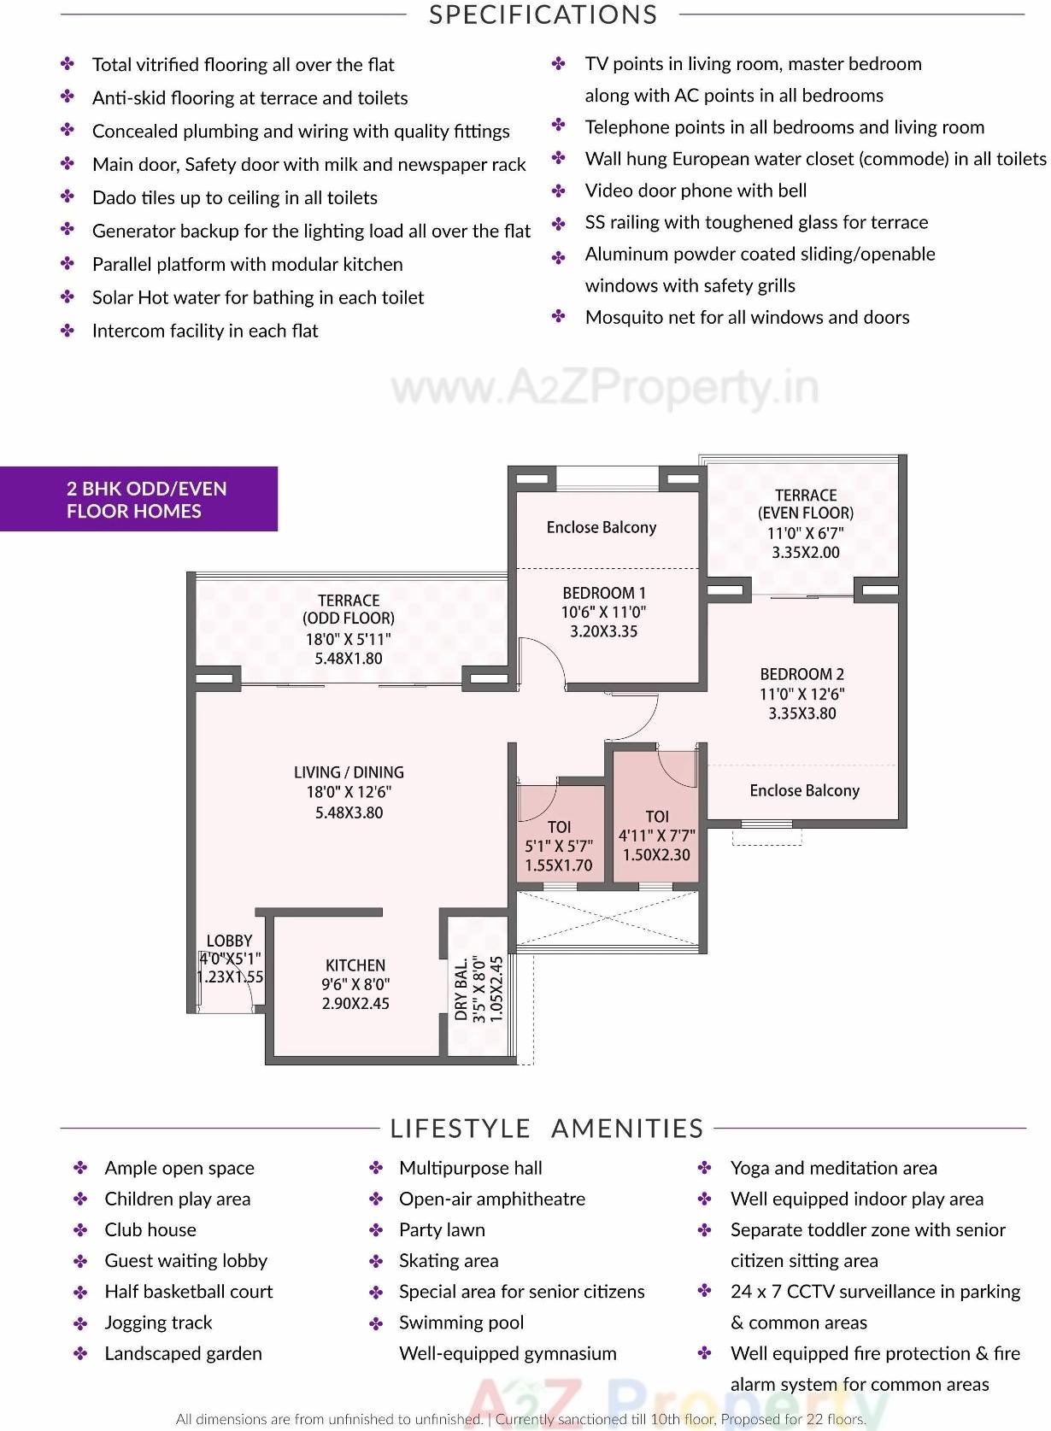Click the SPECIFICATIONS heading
pyautogui.click(x=543, y=15)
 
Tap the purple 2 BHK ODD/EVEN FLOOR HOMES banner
pyautogui.click(x=138, y=500)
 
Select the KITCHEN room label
pyautogui.click(x=355, y=965)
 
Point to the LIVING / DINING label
pyautogui.click(x=349, y=772)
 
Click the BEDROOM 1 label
pyautogui.click(x=604, y=593)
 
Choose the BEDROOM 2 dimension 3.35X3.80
pyautogui.click(x=801, y=713)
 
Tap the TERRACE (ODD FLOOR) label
pyautogui.click(x=349, y=609)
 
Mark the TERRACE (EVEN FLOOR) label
pyautogui.click(x=806, y=504)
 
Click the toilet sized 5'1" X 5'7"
pyautogui.click(x=559, y=846)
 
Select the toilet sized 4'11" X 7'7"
pyautogui.click(x=656, y=836)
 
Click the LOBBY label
pyautogui.click(x=229, y=941)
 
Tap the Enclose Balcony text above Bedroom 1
pyautogui.click(x=602, y=527)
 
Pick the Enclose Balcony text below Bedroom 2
pyautogui.click(x=804, y=790)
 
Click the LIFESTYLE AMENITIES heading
pyautogui.click(x=547, y=1129)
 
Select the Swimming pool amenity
pyautogui.click(x=461, y=1323)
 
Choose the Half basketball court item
pyautogui.click(x=189, y=1292)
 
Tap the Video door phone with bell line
pyautogui.click(x=696, y=191)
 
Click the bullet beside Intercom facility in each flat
pyautogui.click(x=68, y=331)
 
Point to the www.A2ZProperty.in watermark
pyautogui.click(x=605, y=389)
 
